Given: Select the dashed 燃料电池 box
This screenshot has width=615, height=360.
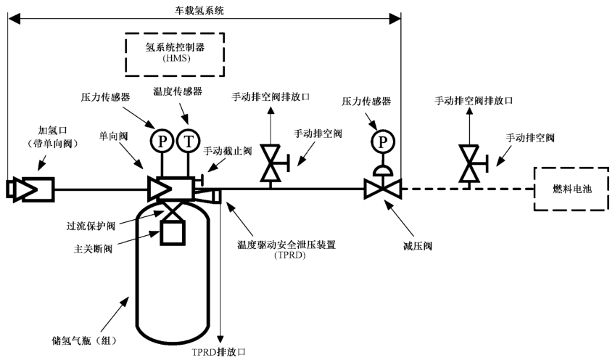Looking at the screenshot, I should click(572, 189).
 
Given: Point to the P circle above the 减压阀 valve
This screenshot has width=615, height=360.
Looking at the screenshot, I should click(380, 141).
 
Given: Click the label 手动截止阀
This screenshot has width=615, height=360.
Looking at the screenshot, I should click(227, 151).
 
